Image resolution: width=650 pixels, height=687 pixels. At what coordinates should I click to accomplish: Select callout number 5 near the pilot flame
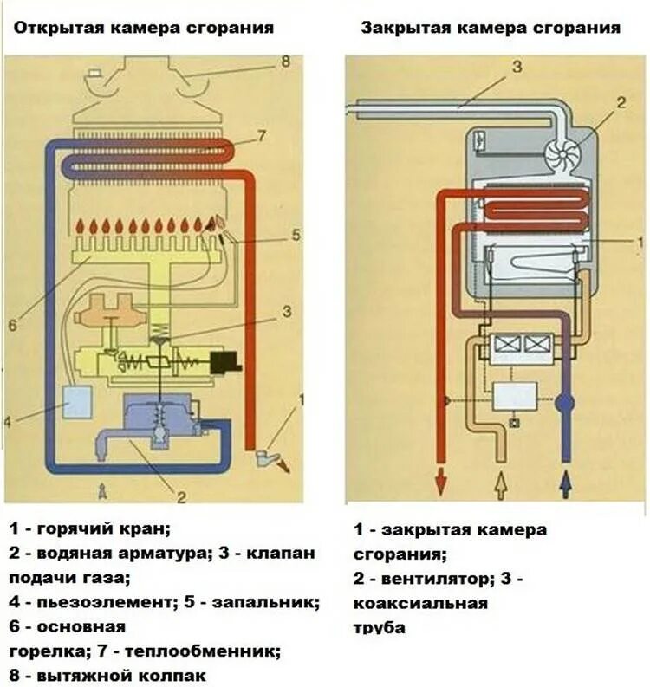coord(295,233)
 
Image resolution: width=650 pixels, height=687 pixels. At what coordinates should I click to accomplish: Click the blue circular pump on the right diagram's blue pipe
coord(565,403)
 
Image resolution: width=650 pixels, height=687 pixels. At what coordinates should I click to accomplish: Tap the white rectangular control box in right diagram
coord(514,396)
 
